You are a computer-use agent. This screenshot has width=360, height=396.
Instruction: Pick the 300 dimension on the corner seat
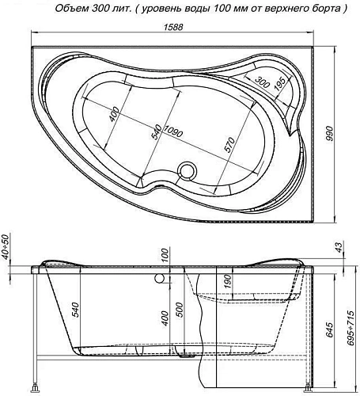(x=263, y=80)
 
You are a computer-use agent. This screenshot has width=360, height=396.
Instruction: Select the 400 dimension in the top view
(x=116, y=117)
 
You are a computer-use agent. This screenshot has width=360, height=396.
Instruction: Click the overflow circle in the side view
(x=161, y=280)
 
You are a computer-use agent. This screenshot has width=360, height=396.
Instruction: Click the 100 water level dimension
(x=165, y=255)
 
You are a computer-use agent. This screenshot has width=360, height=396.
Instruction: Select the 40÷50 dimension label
(x=7, y=247)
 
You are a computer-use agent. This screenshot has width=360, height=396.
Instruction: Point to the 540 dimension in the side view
(x=76, y=310)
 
